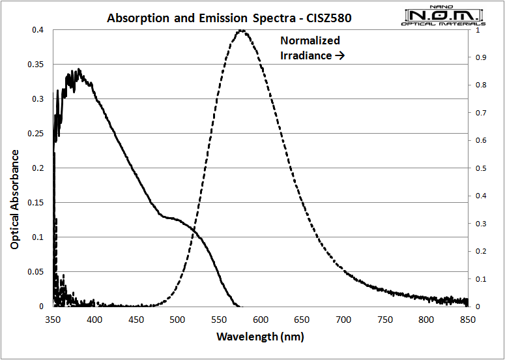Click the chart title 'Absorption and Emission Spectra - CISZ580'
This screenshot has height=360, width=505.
coord(229,18)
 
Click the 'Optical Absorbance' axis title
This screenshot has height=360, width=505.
coord(14,199)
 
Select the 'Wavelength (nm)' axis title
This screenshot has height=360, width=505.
coord(260,337)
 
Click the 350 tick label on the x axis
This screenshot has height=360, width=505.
coord(53,320)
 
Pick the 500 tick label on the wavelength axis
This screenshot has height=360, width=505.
coord(177,320)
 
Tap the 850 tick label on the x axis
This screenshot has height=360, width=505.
coord(468,320)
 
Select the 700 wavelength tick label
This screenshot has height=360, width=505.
coord(343,320)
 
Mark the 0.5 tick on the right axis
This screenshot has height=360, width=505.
coord(480,168)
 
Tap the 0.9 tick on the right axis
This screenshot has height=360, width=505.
coord(480,57)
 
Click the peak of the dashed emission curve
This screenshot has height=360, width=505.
coord(242,30)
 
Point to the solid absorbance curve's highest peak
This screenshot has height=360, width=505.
coord(79,69)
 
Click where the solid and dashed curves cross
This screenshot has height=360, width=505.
coord(197,235)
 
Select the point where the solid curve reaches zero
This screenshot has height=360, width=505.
coord(238,306)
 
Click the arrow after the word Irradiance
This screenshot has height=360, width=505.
coord(339,56)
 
